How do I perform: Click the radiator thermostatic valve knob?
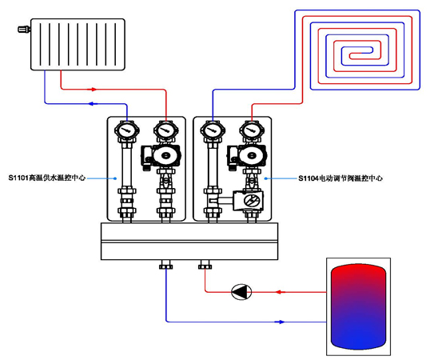[x=24, y=29]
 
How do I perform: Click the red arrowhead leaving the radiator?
[x=93, y=89]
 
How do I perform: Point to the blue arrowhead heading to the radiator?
[x=93, y=104]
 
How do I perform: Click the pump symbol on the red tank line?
[x=241, y=292]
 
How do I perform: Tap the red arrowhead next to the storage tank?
[x=280, y=292]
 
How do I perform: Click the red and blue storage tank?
[x=358, y=306]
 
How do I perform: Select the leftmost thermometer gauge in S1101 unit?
[x=127, y=130]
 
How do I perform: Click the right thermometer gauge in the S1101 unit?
[x=166, y=130]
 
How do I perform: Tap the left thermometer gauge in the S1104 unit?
[x=213, y=130]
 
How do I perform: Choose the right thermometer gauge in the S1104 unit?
[x=252, y=130]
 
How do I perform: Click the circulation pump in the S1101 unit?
[x=161, y=157]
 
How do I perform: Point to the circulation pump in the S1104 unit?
[x=247, y=157]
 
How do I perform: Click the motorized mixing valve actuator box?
[x=249, y=201]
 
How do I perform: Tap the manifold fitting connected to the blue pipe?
[x=166, y=265]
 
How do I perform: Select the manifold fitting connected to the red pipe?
[x=205, y=265]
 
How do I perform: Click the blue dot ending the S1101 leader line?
[x=115, y=178]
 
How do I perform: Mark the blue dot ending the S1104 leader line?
[x=265, y=178]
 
